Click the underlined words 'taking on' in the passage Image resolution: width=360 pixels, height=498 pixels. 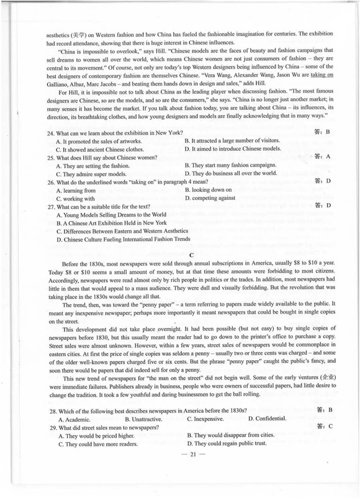click(x=323, y=73)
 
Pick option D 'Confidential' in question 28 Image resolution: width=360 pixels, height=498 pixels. click(x=268, y=419)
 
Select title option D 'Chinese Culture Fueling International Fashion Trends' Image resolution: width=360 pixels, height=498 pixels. click(x=122, y=238)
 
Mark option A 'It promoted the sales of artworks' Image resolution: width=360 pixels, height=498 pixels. click(x=98, y=141)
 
